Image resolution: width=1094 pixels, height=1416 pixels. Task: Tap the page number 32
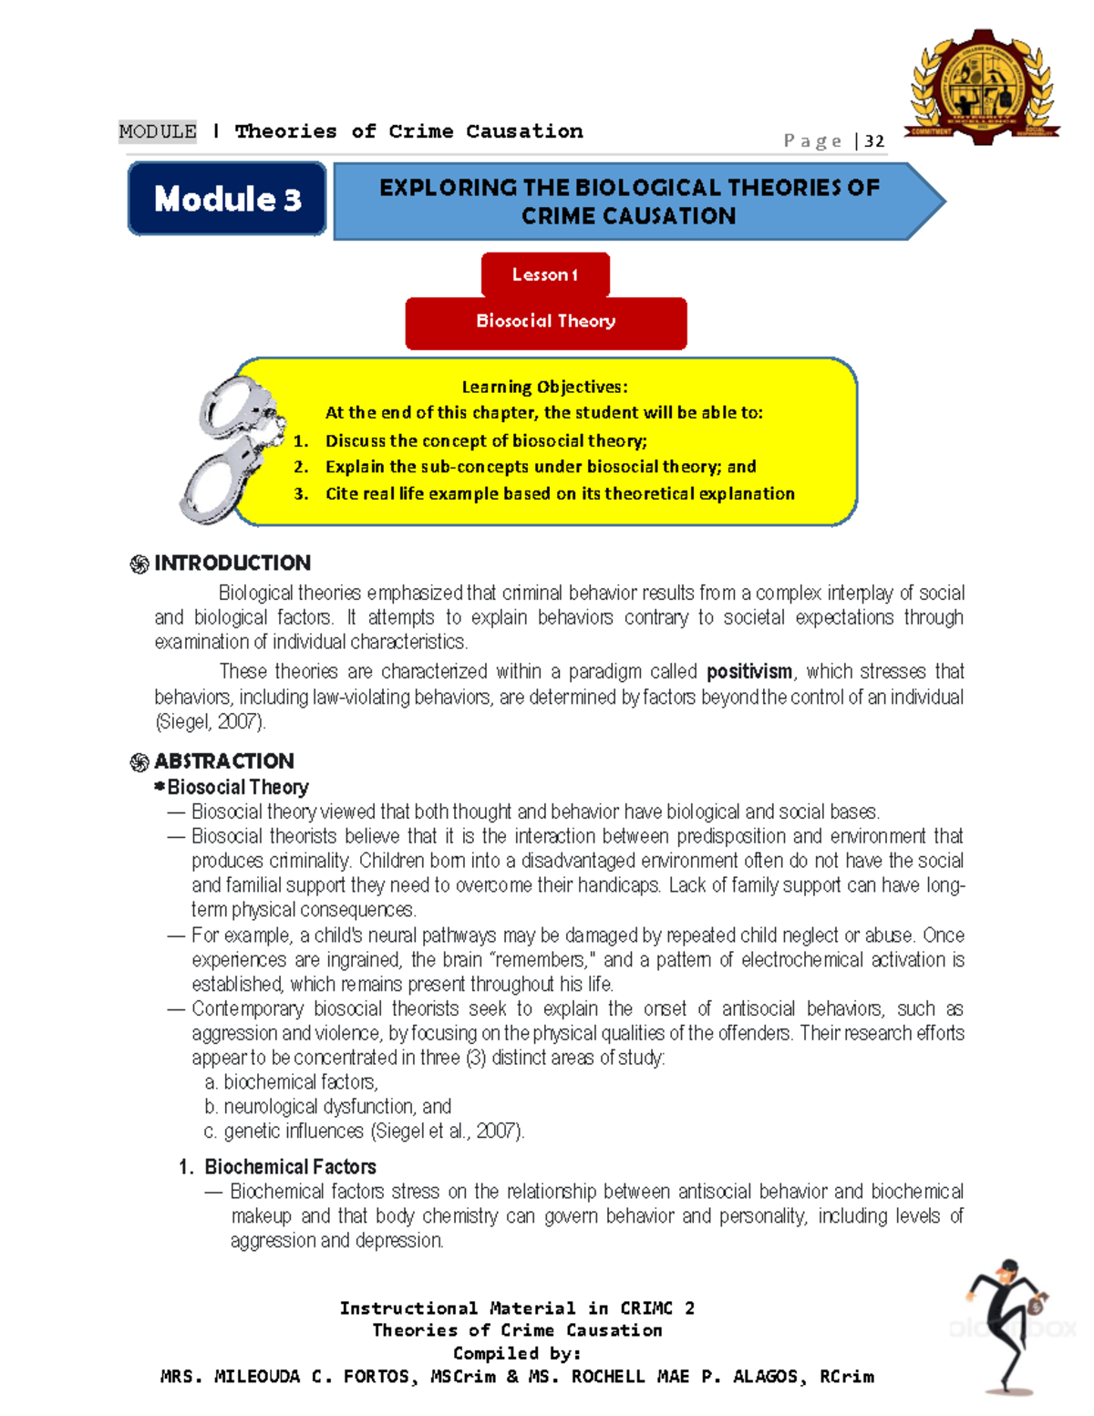click(x=874, y=140)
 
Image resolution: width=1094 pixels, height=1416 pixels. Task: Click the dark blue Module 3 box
click(x=227, y=199)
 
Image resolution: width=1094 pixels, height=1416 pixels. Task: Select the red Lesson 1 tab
click(x=545, y=274)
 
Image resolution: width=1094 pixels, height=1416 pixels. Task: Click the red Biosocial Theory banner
click(x=545, y=322)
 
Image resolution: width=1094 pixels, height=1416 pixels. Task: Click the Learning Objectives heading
click(x=544, y=387)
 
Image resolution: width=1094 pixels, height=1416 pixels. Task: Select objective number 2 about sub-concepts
click(x=540, y=467)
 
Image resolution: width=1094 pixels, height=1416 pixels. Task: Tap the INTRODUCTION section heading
click(x=232, y=563)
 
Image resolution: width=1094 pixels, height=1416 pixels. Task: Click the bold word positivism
click(x=749, y=672)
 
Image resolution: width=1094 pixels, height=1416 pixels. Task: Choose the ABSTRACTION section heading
click(x=223, y=760)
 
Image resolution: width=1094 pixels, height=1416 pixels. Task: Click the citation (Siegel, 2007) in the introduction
click(x=211, y=722)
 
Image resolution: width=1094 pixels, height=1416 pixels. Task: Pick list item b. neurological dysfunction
click(x=328, y=1106)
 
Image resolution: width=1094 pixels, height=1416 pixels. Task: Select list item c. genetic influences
click(x=365, y=1131)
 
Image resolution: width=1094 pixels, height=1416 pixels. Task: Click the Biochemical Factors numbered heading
click(x=289, y=1166)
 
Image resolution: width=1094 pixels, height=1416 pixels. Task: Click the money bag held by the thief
click(x=1037, y=1305)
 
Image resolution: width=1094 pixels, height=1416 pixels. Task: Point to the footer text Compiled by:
click(x=517, y=1353)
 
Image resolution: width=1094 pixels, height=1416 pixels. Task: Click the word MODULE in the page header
click(x=158, y=131)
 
